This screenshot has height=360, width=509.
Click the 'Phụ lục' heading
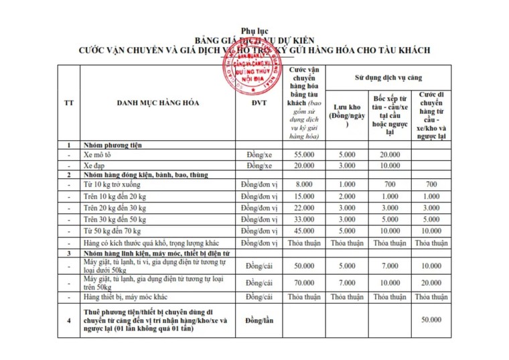click(x=254, y=32)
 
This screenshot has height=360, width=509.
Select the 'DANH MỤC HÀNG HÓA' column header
click(x=158, y=103)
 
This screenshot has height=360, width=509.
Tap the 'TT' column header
click(x=68, y=103)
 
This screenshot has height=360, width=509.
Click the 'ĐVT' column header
click(x=259, y=103)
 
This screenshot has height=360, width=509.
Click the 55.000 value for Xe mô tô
click(x=305, y=154)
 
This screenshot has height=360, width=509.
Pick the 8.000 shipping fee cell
click(x=305, y=184)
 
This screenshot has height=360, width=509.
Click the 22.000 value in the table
click(x=305, y=208)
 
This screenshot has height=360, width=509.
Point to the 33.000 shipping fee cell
click(x=305, y=219)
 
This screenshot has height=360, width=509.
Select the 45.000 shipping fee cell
click(x=305, y=231)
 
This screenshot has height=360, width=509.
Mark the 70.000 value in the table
click(x=305, y=283)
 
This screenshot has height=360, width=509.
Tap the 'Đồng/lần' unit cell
click(x=260, y=321)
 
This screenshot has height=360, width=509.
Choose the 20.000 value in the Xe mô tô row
click(x=390, y=154)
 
